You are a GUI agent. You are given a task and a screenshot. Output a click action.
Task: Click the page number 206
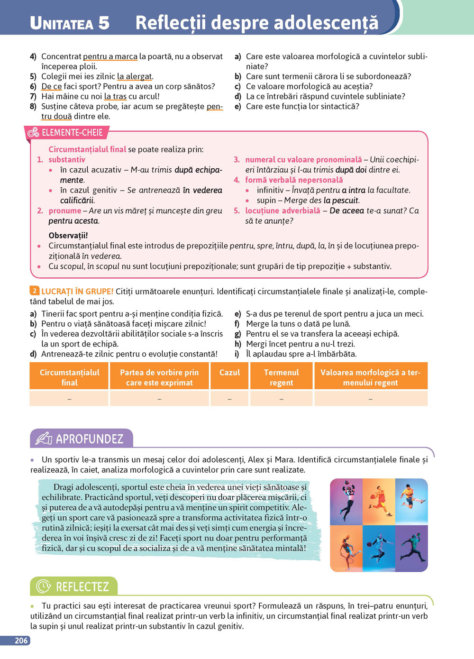[21, 641]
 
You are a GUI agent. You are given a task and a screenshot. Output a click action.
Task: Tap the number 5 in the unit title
[104, 23]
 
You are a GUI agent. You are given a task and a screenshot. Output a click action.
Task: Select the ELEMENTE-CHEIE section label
[72, 133]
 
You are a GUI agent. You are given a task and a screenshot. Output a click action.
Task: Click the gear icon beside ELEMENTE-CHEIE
[33, 133]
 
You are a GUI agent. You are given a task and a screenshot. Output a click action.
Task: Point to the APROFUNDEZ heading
[90, 439]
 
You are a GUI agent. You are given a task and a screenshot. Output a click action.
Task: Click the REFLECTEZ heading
[82, 587]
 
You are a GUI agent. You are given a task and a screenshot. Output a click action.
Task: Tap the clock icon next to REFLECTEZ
[43, 586]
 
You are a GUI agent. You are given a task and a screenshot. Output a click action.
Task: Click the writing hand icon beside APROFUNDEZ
[43, 439]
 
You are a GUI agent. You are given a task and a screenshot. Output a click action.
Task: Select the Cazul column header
[229, 373]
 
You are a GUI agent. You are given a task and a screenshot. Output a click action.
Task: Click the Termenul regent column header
[281, 377]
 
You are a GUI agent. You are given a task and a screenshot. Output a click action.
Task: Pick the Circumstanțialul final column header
[69, 377]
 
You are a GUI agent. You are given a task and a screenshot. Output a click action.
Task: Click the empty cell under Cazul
[229, 399]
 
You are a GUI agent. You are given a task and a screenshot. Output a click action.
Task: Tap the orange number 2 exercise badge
[34, 291]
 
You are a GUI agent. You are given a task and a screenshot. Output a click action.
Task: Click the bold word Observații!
[68, 236]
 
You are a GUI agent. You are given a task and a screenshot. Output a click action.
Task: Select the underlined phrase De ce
[51, 86]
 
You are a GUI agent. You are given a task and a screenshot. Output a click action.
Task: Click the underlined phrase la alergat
[135, 76]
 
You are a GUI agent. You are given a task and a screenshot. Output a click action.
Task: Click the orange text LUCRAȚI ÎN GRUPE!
[77, 292]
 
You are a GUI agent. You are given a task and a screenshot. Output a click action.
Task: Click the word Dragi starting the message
[64, 487]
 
